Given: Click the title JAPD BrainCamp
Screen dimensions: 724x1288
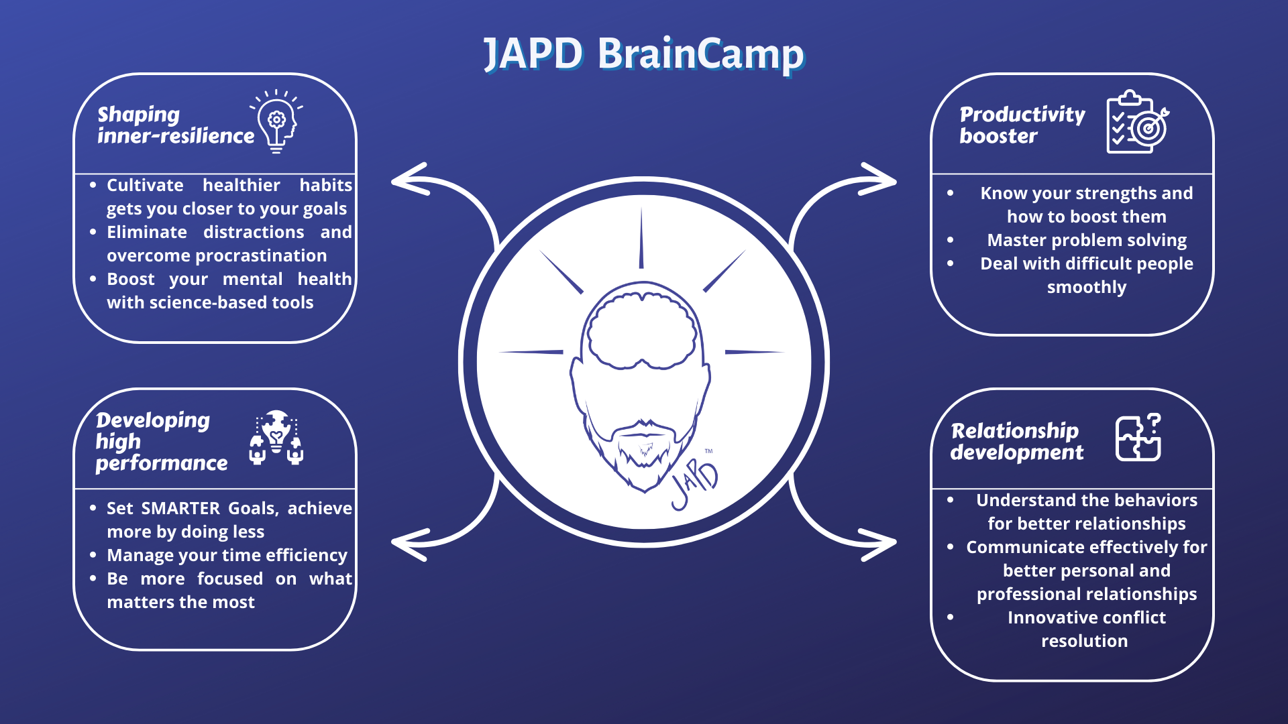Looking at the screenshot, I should click(643, 54).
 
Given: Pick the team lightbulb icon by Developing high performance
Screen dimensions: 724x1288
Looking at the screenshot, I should click(276, 438).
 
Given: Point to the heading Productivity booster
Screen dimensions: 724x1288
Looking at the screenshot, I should click(1022, 125).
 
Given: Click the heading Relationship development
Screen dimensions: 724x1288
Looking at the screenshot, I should click(1016, 441).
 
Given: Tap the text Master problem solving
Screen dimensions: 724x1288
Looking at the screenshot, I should click(1086, 240).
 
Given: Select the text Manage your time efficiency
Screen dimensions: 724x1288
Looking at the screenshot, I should click(227, 556).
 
